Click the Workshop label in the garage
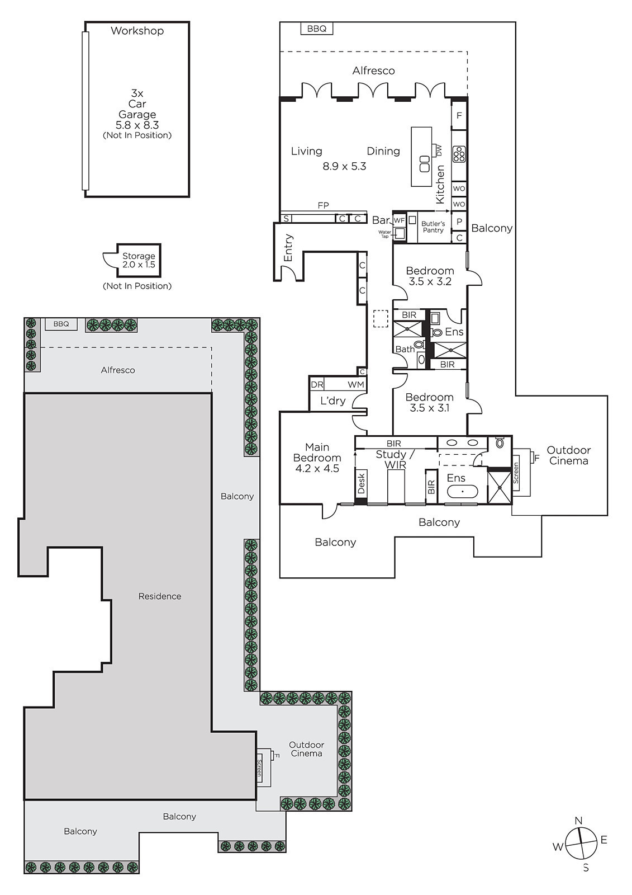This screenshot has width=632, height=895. (x=137, y=31)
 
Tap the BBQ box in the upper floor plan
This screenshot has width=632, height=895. (x=317, y=29)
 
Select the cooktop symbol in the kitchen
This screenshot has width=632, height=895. (x=459, y=154)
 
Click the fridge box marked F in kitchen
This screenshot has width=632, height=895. (x=459, y=115)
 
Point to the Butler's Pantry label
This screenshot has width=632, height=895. (x=433, y=227)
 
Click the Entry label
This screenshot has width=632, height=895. (x=288, y=248)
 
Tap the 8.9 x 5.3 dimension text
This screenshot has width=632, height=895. (x=344, y=166)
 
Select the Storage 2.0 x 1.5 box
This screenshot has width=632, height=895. (x=139, y=260)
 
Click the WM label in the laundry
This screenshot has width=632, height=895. (x=355, y=384)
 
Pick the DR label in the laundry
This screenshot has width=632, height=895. (x=317, y=384)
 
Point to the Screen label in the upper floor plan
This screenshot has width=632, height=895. (x=516, y=473)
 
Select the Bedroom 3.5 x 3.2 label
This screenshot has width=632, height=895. (x=430, y=276)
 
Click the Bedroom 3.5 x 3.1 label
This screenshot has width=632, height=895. (x=430, y=402)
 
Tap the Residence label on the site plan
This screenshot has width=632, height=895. (x=160, y=596)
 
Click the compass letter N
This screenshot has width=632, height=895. (x=578, y=821)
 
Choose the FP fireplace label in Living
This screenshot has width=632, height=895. (x=323, y=205)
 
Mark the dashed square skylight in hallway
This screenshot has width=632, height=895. (x=381, y=319)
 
